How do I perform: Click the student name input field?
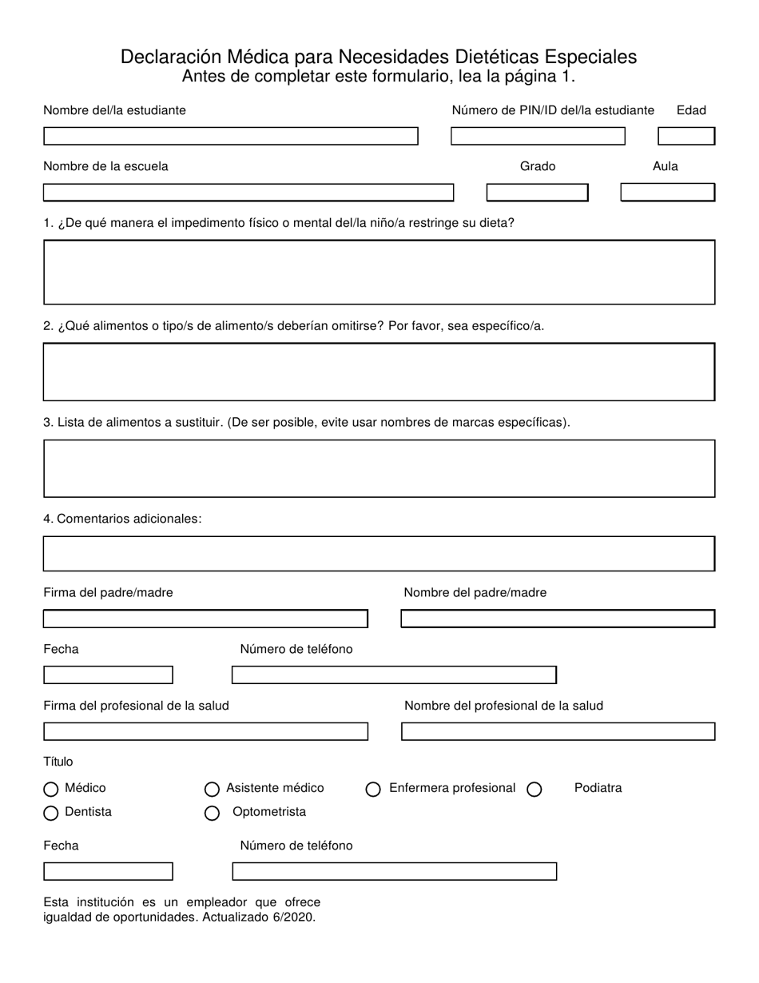point(230,137)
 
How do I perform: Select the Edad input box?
point(685,137)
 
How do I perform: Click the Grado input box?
point(537,193)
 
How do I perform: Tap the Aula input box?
point(667,193)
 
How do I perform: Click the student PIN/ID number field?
point(538,137)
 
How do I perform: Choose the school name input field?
point(248,193)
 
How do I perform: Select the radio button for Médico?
point(51,790)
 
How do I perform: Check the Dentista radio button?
point(51,814)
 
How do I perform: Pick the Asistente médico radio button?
point(212,790)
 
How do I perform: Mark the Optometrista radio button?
point(212,814)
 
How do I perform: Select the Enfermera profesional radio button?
point(373,790)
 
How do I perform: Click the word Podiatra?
point(598,788)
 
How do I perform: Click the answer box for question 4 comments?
point(379,554)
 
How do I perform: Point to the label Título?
point(58,762)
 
